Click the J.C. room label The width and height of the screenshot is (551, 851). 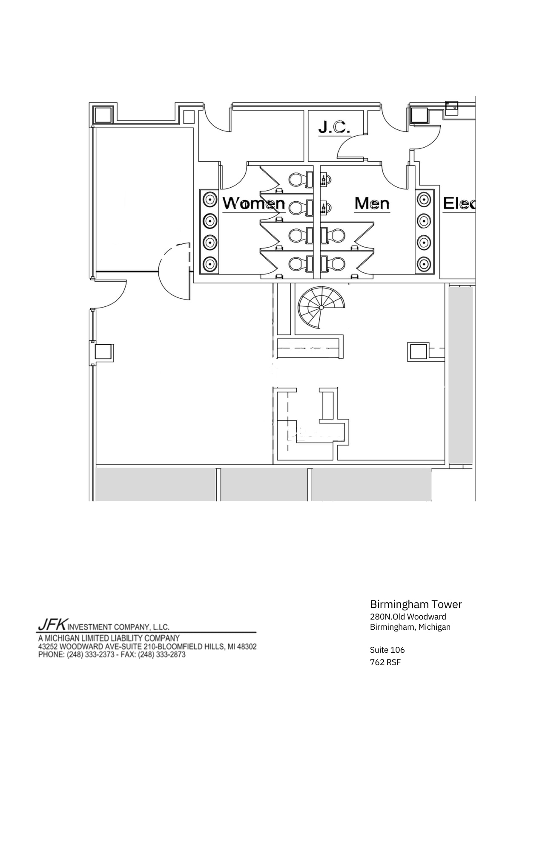coord(334,127)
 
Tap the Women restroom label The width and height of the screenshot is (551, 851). coord(254,203)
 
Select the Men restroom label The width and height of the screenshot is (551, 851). coord(372,203)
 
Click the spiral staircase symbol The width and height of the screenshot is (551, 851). coord(321,306)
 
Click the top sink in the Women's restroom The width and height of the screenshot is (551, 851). coord(209,199)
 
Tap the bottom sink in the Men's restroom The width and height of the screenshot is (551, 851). coord(424,264)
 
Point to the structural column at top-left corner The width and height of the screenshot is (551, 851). coord(103,115)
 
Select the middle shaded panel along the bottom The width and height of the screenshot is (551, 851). coord(264,484)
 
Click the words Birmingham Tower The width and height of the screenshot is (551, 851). coord(416,604)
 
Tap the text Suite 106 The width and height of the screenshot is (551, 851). coord(387,650)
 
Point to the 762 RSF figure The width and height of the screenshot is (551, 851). coord(385,662)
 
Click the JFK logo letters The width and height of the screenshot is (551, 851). coord(52,624)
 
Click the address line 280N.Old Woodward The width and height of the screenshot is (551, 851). coord(408,617)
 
